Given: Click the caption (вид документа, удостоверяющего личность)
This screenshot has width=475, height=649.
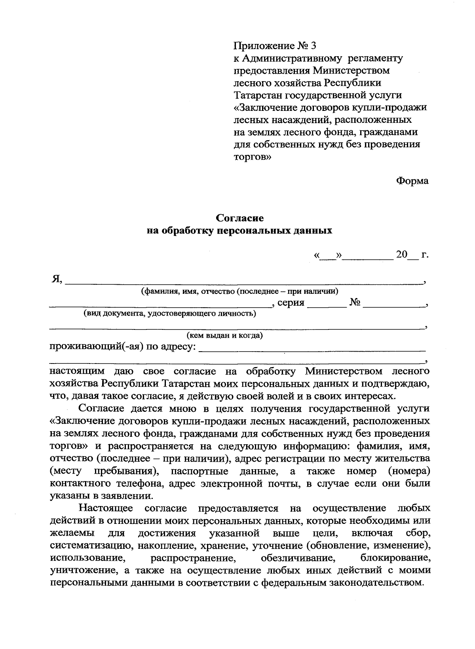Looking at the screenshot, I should pyautogui.click(x=169, y=314).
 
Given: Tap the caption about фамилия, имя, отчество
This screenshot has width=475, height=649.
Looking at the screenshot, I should pyautogui.click(x=239, y=292).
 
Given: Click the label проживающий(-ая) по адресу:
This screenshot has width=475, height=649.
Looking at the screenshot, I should pyautogui.click(x=123, y=347).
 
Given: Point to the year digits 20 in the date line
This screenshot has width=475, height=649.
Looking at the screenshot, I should pyautogui.click(x=401, y=255).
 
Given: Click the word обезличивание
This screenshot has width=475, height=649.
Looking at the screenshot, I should pyautogui.click(x=296, y=558).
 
